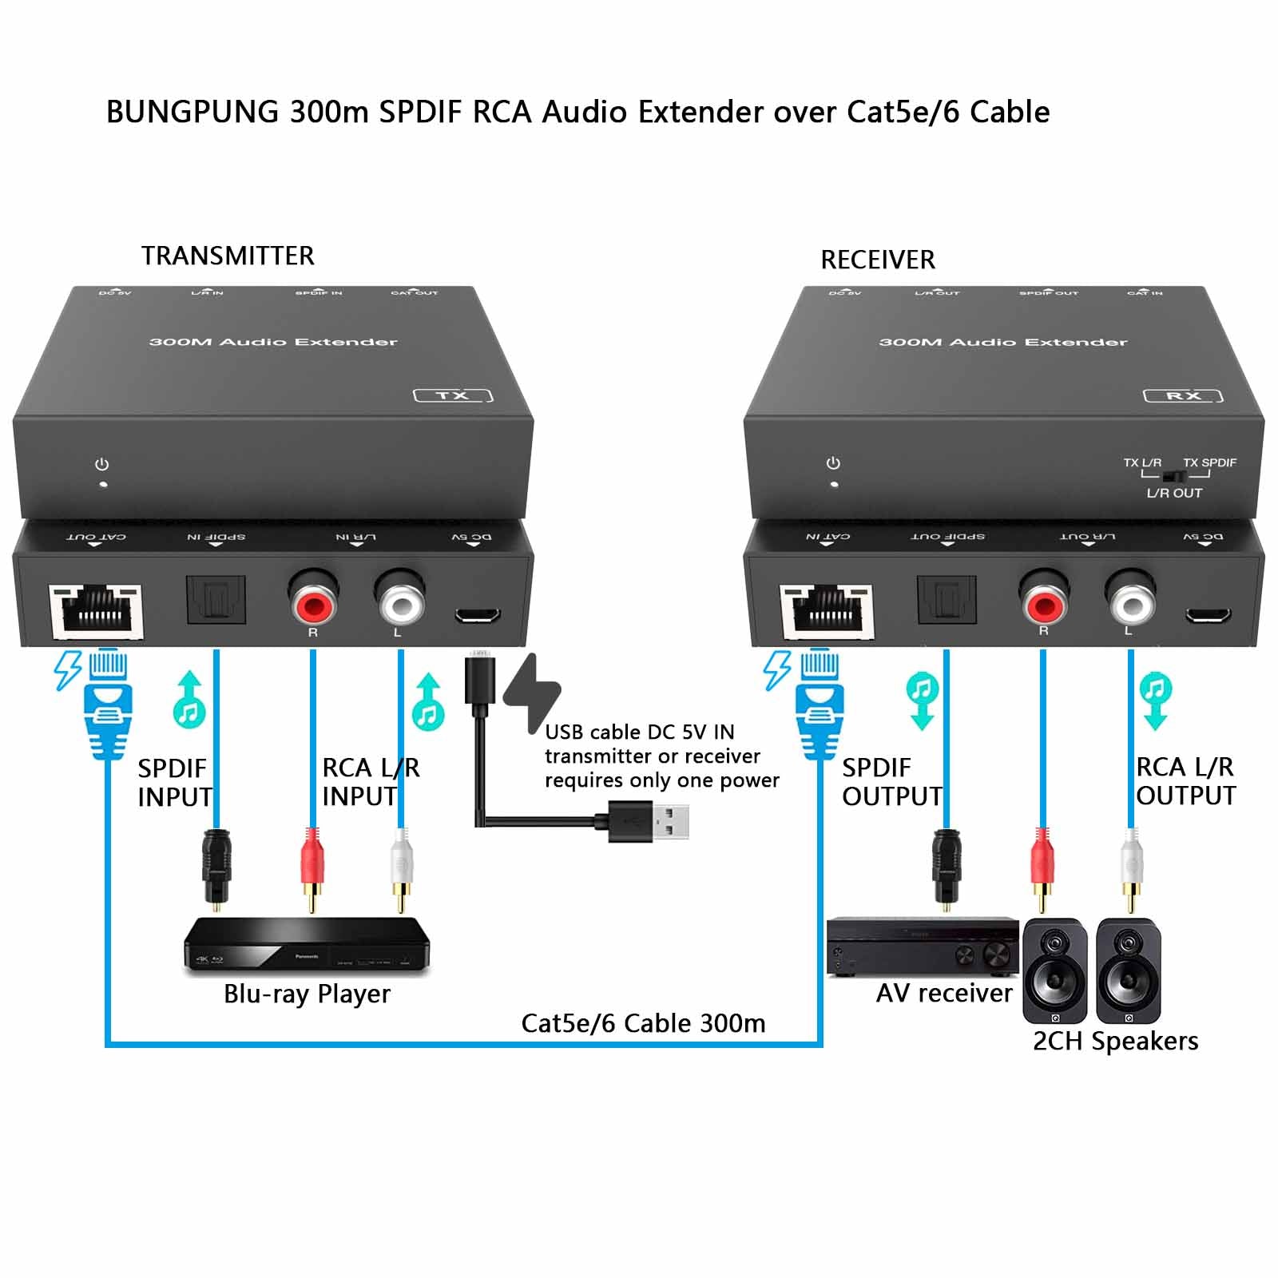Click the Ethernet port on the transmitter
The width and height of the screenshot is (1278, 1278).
96,611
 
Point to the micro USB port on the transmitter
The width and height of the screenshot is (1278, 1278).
478,615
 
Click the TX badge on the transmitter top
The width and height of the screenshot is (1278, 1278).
453,395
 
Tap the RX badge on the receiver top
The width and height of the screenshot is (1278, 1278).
1183,395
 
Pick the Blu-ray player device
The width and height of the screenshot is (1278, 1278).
308,947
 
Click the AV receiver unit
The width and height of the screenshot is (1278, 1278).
923,947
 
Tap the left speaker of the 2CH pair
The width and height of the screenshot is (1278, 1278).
1055,970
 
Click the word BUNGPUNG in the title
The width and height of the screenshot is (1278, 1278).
192,112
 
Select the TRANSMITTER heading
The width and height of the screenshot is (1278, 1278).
228,256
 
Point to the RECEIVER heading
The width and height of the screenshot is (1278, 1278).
878,260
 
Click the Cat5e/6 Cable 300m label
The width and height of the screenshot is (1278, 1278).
643,1023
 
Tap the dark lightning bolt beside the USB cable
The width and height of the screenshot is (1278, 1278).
532,692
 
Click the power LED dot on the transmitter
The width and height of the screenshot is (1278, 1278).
103,484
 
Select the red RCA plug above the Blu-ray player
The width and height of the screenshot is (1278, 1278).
312,867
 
